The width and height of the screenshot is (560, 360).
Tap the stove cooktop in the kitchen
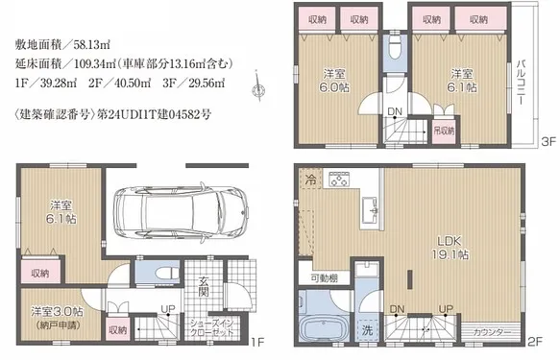pos(340,179)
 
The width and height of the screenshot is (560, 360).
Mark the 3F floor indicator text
pos(545,141)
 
